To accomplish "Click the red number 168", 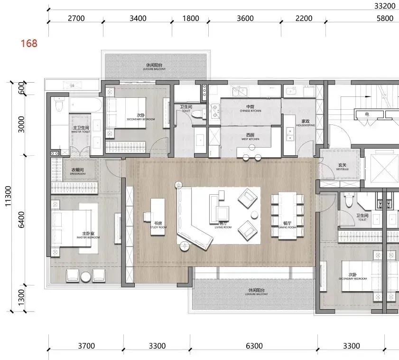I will coord(28,44).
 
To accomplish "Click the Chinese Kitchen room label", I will coord(251,108).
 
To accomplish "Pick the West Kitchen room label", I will coord(251,136).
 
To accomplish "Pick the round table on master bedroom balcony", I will coord(86,277).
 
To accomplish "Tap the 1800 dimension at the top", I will coord(191,19).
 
